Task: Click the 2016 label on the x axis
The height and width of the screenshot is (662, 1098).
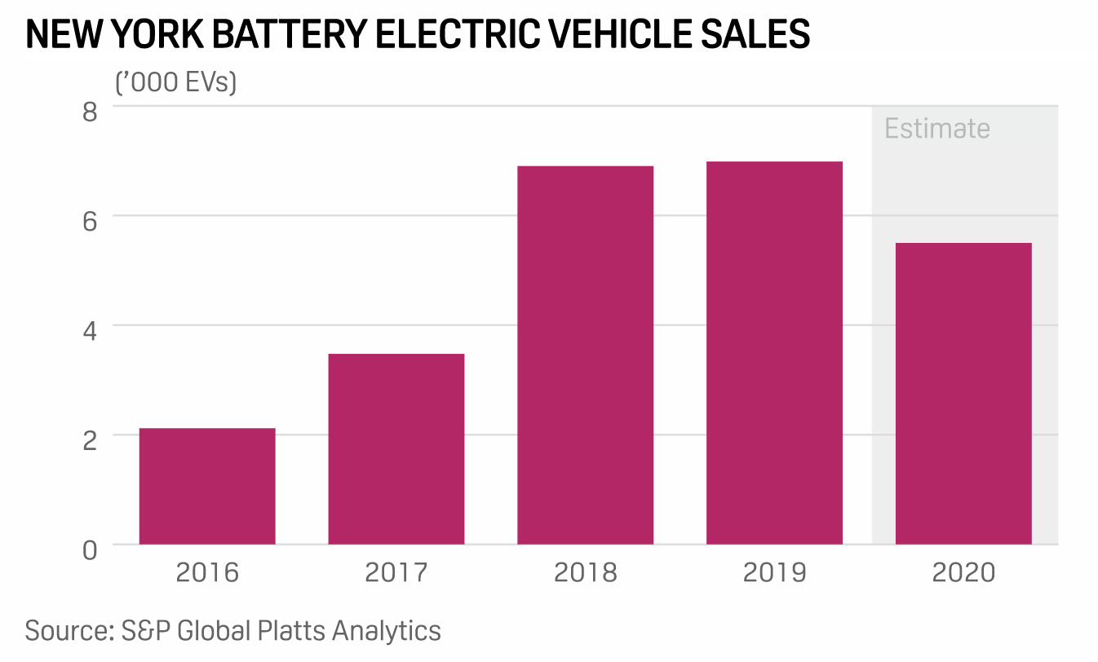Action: click(x=207, y=572)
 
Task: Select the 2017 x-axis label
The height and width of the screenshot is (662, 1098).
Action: click(x=396, y=572)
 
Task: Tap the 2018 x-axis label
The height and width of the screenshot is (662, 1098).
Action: click(x=585, y=572)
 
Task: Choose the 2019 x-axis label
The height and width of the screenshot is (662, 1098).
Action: click(x=774, y=572)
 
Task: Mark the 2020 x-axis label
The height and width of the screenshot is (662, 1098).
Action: click(x=963, y=572)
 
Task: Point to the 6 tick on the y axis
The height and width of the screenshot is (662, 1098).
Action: click(x=89, y=219)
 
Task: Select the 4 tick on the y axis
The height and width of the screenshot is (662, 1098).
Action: click(x=89, y=329)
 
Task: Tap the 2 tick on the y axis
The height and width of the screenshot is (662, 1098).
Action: click(x=89, y=439)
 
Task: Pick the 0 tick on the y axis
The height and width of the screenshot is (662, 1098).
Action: click(x=89, y=549)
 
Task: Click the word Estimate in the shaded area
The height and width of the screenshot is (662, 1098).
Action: click(x=937, y=129)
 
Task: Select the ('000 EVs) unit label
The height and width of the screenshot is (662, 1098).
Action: click(x=175, y=82)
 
